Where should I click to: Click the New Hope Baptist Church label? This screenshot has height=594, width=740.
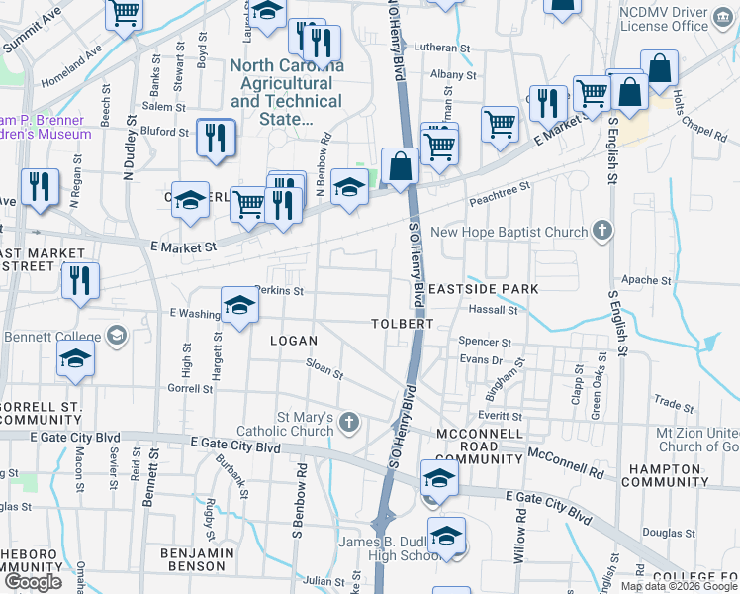point(509,233)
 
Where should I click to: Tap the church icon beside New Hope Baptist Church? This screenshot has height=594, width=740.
point(601,233)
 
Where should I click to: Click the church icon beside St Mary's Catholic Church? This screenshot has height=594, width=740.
point(347,422)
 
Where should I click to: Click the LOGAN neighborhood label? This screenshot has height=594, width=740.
point(294,341)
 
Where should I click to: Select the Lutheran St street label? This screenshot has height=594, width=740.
point(442,48)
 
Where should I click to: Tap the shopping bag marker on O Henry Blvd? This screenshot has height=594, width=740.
point(401,166)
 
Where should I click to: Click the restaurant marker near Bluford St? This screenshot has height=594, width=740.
point(215,138)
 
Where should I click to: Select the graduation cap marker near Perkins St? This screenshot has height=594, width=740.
point(238,305)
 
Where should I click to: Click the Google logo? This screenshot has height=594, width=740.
point(33,582)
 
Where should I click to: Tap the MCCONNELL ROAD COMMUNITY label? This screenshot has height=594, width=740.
point(478,446)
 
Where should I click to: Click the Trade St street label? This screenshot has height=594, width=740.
point(674,404)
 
